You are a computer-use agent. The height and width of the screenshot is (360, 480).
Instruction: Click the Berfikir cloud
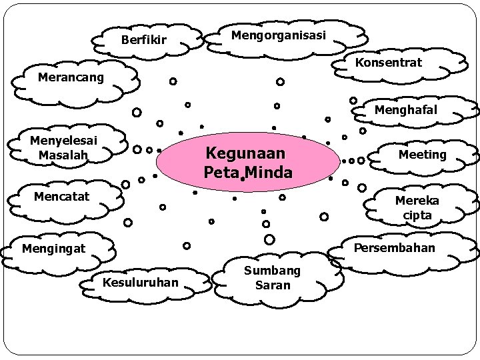144,41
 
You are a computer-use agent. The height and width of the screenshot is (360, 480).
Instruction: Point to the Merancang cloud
71,78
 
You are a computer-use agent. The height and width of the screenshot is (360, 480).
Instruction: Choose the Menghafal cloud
406,110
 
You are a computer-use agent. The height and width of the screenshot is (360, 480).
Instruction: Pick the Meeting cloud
422,155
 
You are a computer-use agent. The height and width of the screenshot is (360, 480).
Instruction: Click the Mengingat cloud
54,249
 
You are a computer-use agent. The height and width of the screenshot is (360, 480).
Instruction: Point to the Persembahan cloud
394,248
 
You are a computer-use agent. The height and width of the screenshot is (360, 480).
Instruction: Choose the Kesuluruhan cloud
141,283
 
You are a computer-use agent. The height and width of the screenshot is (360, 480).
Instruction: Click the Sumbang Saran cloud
272,277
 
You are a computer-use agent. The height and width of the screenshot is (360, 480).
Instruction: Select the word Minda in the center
269,173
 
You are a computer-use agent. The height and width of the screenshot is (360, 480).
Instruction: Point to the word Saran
273,285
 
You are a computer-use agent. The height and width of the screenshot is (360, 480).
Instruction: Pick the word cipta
417,215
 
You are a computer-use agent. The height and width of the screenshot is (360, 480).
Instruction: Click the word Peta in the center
221,173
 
